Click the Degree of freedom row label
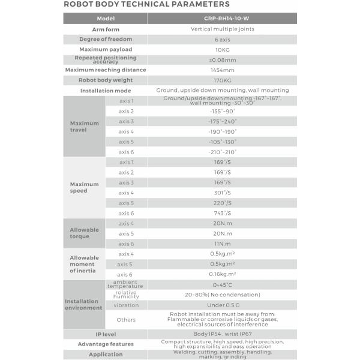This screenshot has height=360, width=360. click(105, 39)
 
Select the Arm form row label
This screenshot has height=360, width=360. click(105, 29)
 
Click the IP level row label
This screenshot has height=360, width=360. click(105, 334)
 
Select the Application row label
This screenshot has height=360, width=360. click(105, 355)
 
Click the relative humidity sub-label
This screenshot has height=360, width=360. click(126, 295)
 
